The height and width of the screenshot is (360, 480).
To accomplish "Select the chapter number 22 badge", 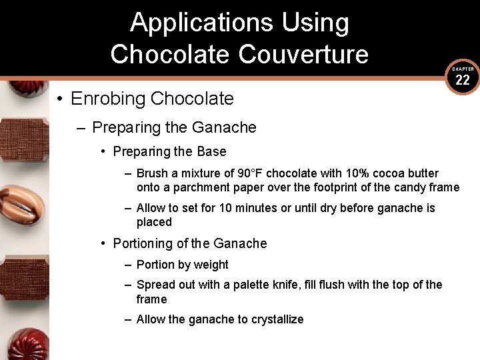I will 463,81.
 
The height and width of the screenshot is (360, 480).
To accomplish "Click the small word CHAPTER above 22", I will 463,69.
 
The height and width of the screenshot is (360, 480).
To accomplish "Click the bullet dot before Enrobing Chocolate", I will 59,99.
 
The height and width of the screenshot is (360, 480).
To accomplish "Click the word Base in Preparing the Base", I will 211,151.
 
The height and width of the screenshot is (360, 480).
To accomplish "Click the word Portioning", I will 145,243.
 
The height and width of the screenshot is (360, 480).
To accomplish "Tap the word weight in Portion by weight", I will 211,265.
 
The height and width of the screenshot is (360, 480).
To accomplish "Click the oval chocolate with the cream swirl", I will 25,205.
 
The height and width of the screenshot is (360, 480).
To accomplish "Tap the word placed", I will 154,222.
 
